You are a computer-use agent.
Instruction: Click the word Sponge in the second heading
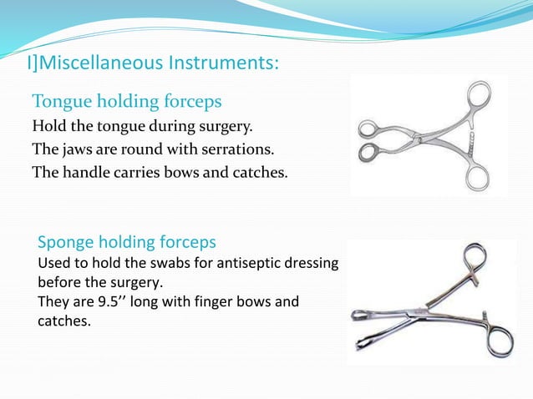pyautogui.click(x=66, y=242)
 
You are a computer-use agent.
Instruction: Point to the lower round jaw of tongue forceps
pyautogui.click(x=368, y=153)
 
